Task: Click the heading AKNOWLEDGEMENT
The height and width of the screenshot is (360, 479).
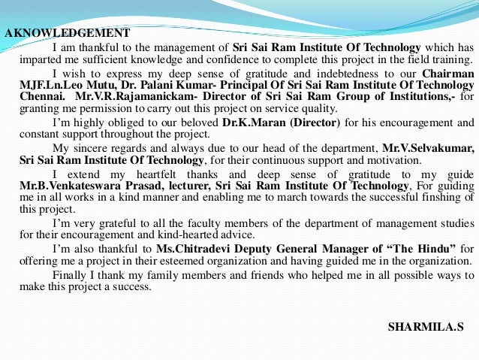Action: [68, 33]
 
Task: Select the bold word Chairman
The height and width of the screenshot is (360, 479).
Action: [448, 74]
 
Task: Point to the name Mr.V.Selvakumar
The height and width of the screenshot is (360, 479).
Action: [428, 149]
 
